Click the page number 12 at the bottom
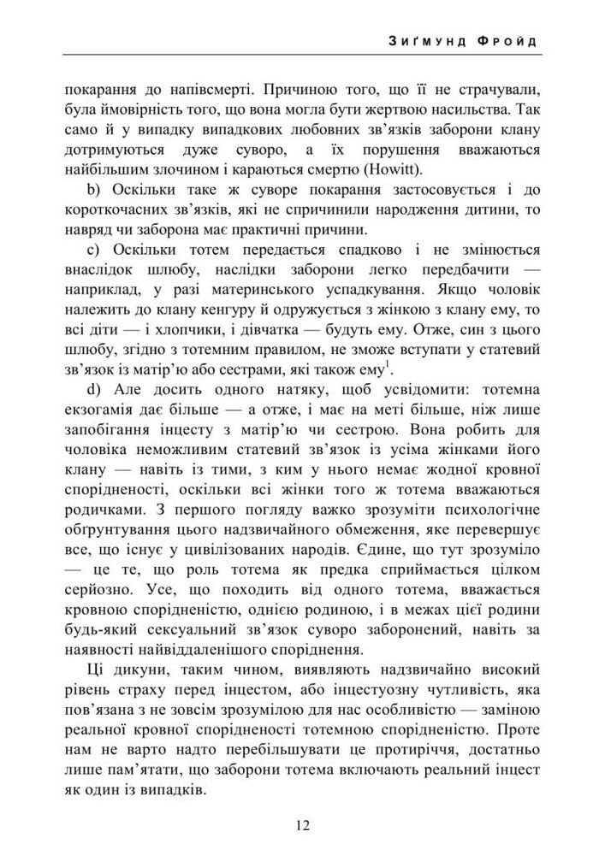(x=302, y=825)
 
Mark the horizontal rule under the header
(x=302, y=56)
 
